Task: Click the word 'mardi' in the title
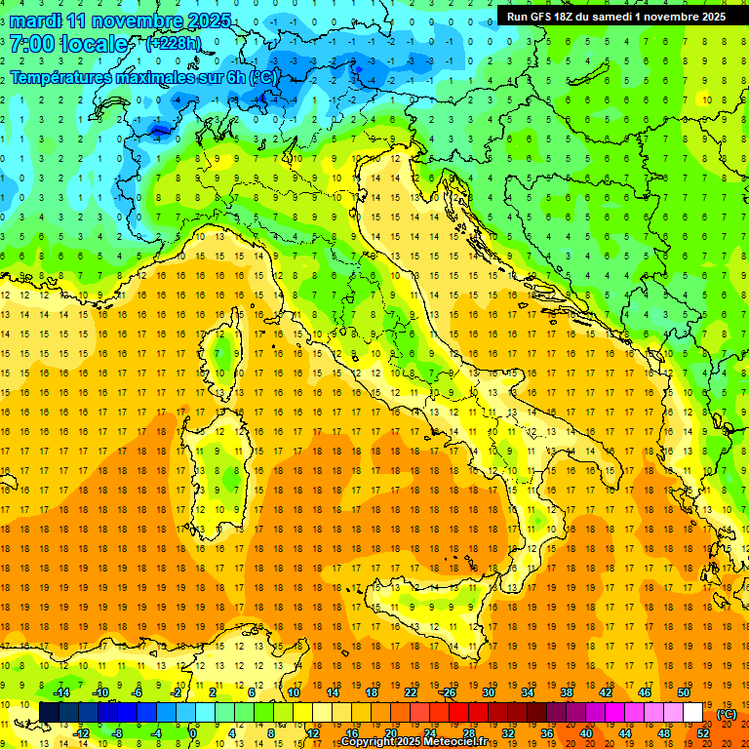[x=36, y=20]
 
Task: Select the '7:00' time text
[x=31, y=44]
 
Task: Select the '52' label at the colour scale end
[x=703, y=733]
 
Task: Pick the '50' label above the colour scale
[x=684, y=692]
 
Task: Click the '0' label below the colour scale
[x=193, y=733]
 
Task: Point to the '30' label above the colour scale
[x=489, y=692]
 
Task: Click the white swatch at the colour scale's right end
[x=693, y=713]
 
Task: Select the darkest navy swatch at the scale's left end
[x=49, y=713]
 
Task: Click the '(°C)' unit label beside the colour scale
[x=727, y=714]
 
